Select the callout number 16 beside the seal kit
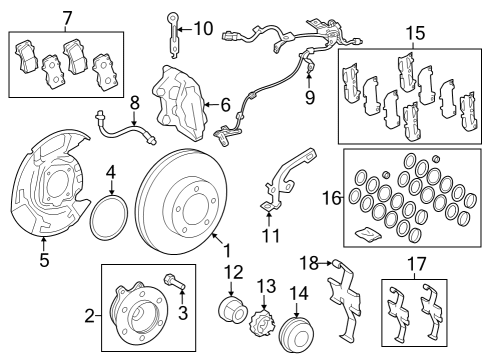tap(331, 198)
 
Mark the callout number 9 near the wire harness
tap(310, 98)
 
